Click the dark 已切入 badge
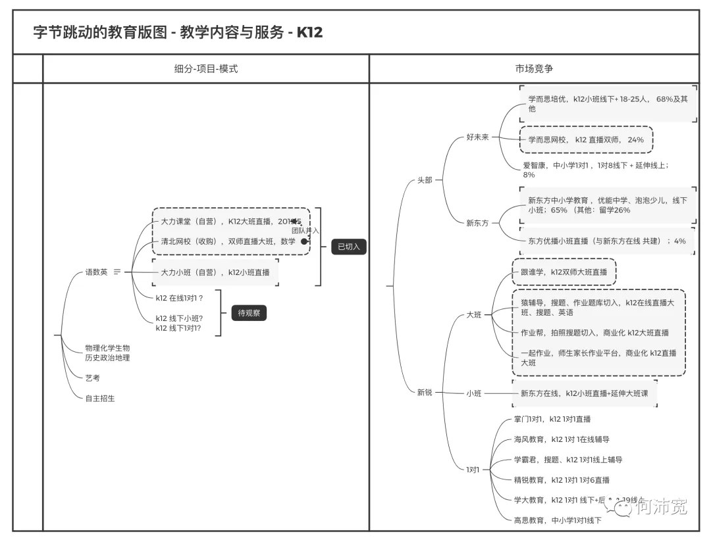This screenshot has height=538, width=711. click(x=348, y=247)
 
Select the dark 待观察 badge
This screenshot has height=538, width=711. click(x=249, y=313)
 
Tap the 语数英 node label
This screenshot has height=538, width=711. click(x=96, y=272)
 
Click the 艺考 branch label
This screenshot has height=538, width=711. click(x=92, y=378)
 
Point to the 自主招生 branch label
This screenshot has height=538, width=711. click(x=99, y=398)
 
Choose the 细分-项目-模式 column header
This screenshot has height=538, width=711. click(x=205, y=68)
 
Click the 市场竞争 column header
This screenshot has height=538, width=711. click(x=534, y=68)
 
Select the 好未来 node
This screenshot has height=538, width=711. click(x=477, y=137)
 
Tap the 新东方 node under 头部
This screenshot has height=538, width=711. click(x=477, y=223)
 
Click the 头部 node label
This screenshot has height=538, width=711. click(x=425, y=180)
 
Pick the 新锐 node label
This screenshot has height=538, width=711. click(x=425, y=393)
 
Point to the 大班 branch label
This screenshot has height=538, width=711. click(x=473, y=314)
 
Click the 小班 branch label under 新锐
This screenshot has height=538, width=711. click(x=473, y=393)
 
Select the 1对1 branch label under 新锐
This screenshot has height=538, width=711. click(x=473, y=470)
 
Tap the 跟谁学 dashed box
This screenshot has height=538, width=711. click(x=564, y=272)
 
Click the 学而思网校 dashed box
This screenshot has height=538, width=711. click(x=585, y=139)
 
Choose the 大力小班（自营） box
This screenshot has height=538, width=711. click(x=215, y=272)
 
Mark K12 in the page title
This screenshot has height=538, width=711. click(x=309, y=32)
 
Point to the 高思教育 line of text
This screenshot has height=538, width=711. click(x=558, y=520)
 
